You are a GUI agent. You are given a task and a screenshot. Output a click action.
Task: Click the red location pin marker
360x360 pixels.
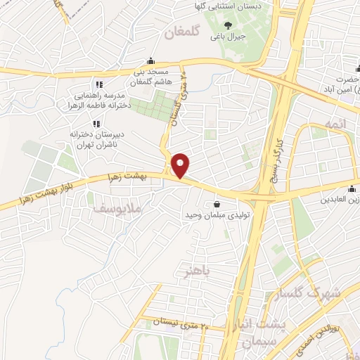[x=181, y=165]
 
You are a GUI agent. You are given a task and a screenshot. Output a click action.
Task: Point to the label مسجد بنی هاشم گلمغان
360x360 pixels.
[x=150, y=77]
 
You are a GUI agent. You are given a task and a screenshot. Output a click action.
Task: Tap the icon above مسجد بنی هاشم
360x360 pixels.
[x=150, y=62]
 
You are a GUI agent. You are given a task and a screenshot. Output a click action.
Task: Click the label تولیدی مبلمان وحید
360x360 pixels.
[x=212, y=214]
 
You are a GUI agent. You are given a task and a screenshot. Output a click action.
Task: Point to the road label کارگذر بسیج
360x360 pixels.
[x=267, y=147]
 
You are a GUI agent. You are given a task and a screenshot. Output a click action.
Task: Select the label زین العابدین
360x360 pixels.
[x=330, y=200]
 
